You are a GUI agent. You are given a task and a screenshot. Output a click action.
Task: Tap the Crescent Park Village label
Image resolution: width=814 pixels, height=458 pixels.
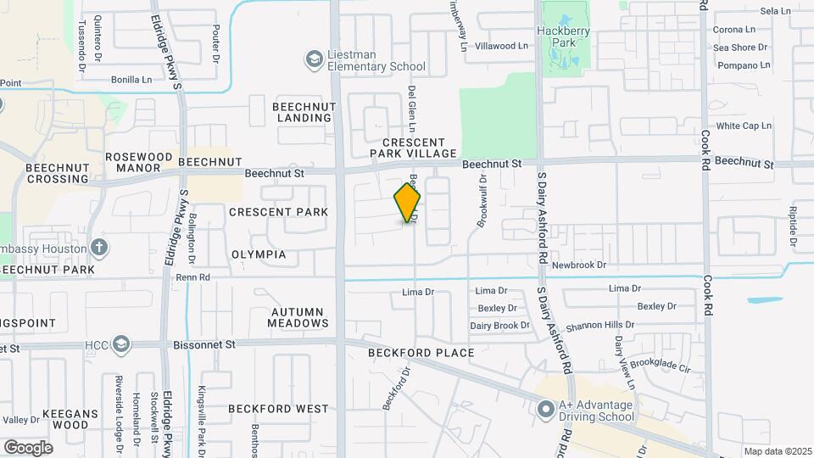(x=413, y=148)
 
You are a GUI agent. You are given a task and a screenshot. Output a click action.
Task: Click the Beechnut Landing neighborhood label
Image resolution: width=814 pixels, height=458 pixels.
(x=304, y=112)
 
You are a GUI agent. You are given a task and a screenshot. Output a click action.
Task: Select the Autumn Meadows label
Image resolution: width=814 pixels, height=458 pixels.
(x=298, y=317)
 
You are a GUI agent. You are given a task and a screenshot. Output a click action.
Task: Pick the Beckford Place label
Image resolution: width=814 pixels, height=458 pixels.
(x=421, y=352)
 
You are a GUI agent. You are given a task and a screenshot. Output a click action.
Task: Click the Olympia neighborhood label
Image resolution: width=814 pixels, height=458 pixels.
(x=259, y=254)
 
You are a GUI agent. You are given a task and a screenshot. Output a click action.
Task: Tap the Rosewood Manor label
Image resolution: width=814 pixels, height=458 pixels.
(x=138, y=163)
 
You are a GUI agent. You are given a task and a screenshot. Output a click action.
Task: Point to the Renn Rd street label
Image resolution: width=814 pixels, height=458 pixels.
(x=192, y=276)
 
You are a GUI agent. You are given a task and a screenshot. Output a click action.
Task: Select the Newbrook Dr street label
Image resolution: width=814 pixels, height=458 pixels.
(x=579, y=265)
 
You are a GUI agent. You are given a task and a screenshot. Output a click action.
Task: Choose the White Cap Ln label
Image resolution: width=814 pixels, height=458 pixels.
(x=744, y=126)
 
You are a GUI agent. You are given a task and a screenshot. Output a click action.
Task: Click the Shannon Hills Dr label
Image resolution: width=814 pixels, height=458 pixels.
(x=600, y=325)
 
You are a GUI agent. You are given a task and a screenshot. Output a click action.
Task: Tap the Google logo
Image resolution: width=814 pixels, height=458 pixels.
(x=28, y=447)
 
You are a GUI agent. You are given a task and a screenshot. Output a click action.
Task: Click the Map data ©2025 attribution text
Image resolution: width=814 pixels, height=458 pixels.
(x=777, y=451)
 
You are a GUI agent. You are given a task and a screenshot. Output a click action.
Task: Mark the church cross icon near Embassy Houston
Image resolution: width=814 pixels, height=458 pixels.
(x=100, y=248)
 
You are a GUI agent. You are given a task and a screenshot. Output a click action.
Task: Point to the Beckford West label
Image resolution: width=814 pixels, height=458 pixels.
(x=278, y=409)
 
